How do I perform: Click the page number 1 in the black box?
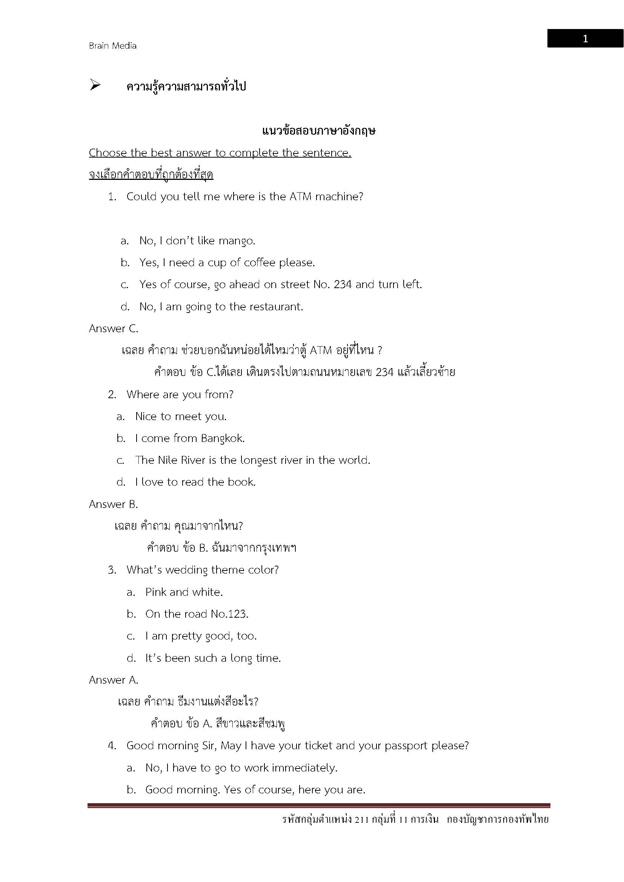[x=585, y=39]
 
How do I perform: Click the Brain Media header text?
[x=112, y=46]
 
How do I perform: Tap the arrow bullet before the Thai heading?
[x=95, y=85]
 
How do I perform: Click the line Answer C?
[x=113, y=329]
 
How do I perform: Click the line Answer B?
[x=113, y=505]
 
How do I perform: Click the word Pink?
[x=155, y=592]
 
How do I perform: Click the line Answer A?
[x=113, y=680]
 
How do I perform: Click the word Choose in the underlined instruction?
[x=108, y=153]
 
